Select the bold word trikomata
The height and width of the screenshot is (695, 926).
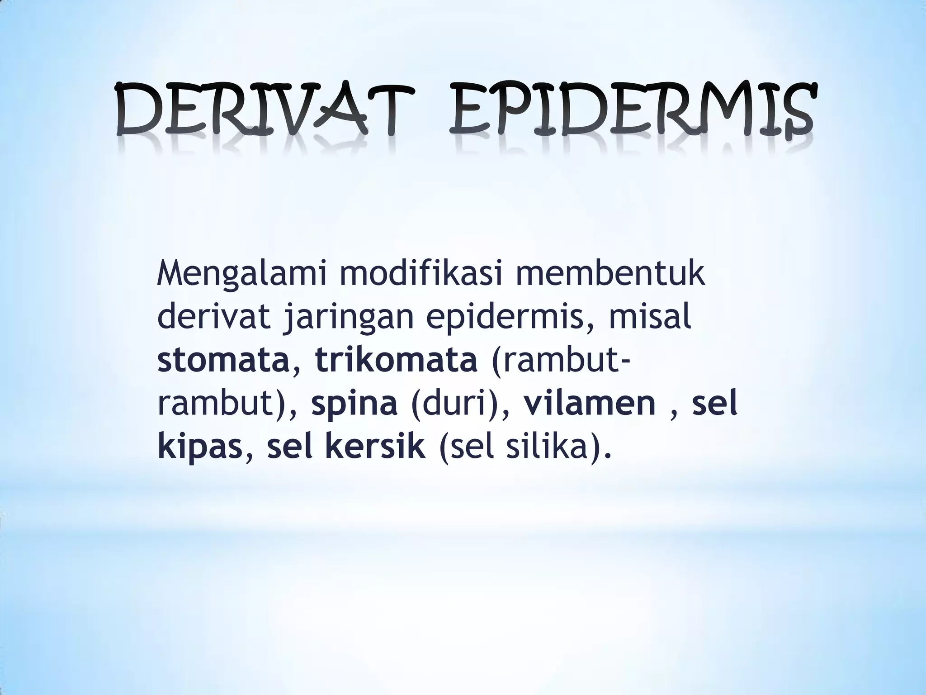[397, 361]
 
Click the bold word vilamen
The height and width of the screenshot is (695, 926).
[590, 404]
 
